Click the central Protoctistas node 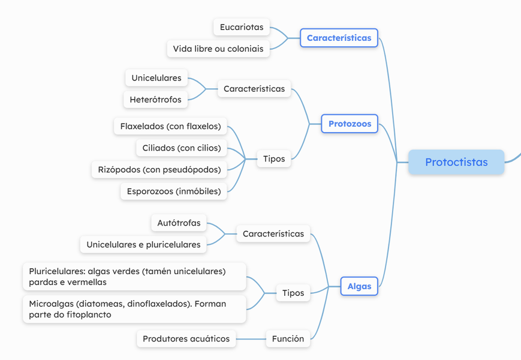point(456,162)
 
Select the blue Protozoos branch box point(350,124)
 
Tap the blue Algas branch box point(359,286)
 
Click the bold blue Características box point(339,38)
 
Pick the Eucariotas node point(241,27)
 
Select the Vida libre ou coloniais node point(218,49)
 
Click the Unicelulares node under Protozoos point(156,78)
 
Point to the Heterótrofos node point(155,100)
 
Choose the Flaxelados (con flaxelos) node point(170,126)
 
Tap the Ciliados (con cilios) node point(182,148)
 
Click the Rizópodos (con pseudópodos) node point(159,169)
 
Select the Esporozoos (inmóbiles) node point(174,191)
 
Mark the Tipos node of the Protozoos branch point(274,159)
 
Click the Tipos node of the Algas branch point(293,293)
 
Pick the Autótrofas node point(179,223)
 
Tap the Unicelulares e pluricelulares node point(143,244)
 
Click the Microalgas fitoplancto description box point(134,309)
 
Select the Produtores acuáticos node point(186,338)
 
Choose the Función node point(288,338)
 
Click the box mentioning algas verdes point(134,277)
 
